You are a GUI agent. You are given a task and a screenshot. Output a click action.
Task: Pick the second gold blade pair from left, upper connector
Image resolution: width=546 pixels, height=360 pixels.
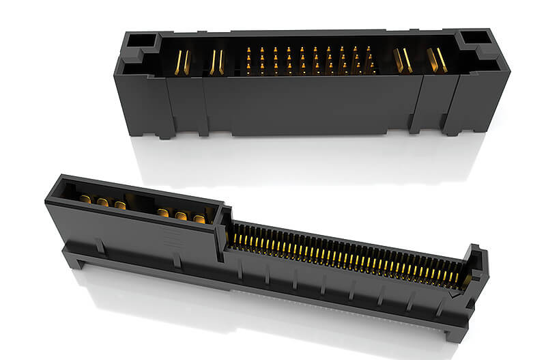[x=216, y=62]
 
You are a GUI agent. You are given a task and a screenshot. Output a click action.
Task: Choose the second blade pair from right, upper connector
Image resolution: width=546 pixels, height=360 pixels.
[x=403, y=61]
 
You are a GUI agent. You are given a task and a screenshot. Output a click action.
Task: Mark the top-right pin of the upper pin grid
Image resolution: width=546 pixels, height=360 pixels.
[x=369, y=50]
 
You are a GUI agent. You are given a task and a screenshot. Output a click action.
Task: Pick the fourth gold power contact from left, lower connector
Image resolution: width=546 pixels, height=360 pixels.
[x=163, y=212]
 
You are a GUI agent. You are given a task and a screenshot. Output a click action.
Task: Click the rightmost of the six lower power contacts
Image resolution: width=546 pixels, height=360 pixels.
[x=199, y=219]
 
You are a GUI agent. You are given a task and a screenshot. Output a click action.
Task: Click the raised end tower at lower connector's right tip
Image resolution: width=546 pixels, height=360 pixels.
[x=476, y=263]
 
